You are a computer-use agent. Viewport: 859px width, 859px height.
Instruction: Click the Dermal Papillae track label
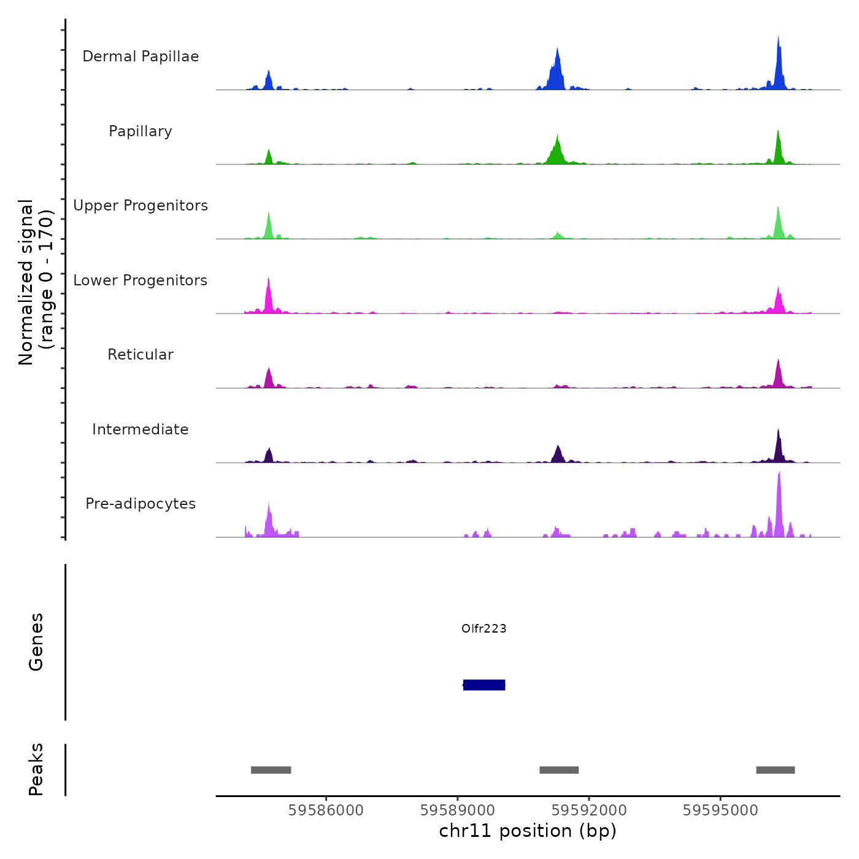141,56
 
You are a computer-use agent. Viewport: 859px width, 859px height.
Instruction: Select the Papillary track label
141,131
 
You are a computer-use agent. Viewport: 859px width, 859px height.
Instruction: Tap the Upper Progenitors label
141,206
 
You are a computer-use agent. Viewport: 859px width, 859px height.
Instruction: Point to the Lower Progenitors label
141,280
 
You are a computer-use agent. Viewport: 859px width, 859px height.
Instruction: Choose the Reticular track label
141,355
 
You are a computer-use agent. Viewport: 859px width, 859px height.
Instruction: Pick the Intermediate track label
141,429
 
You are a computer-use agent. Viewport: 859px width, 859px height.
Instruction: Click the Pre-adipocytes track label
141,504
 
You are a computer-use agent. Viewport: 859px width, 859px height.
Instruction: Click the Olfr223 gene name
484,628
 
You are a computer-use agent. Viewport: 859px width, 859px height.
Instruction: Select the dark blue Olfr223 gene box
484,685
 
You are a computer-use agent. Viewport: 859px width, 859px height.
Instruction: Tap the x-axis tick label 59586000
326,811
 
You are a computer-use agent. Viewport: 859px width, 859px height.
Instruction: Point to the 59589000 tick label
458,811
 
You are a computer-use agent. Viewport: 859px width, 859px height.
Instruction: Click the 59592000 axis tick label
589,811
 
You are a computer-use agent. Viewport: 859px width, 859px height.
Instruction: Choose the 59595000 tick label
720,811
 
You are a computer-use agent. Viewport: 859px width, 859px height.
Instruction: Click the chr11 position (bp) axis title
528,831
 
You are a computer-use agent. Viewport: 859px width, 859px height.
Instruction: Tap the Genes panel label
36,642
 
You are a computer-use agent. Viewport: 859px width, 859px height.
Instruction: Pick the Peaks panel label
36,769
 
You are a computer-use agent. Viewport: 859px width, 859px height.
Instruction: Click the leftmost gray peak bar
271,770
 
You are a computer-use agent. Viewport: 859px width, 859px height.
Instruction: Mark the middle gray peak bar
559,770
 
